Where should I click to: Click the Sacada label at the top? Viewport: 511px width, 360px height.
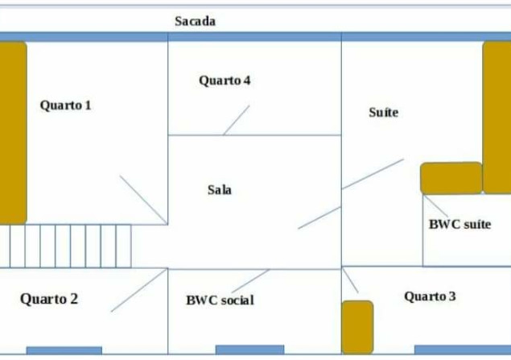(x=196, y=21)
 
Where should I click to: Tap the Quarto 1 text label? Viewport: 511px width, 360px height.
(x=66, y=105)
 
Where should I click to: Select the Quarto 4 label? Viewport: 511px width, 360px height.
(x=225, y=81)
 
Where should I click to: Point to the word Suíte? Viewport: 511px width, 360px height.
(x=383, y=113)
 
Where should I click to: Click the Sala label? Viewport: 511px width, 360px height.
(x=220, y=190)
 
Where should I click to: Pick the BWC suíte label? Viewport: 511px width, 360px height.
(x=459, y=225)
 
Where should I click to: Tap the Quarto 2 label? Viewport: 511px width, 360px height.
(x=49, y=299)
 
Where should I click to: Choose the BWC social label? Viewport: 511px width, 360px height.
(x=220, y=300)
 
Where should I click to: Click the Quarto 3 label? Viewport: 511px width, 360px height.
(x=431, y=296)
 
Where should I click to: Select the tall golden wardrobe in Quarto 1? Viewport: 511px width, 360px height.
(x=13, y=132)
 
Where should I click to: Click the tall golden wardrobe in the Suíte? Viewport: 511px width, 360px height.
(x=497, y=117)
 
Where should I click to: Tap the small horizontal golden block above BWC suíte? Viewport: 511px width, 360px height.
(x=451, y=178)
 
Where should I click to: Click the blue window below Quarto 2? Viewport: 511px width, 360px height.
(x=64, y=350)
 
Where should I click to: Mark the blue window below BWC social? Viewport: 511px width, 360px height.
(x=249, y=350)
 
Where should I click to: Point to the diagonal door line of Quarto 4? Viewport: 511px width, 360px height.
(x=236, y=120)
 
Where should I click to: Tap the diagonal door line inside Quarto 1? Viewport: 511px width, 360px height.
(x=143, y=199)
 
